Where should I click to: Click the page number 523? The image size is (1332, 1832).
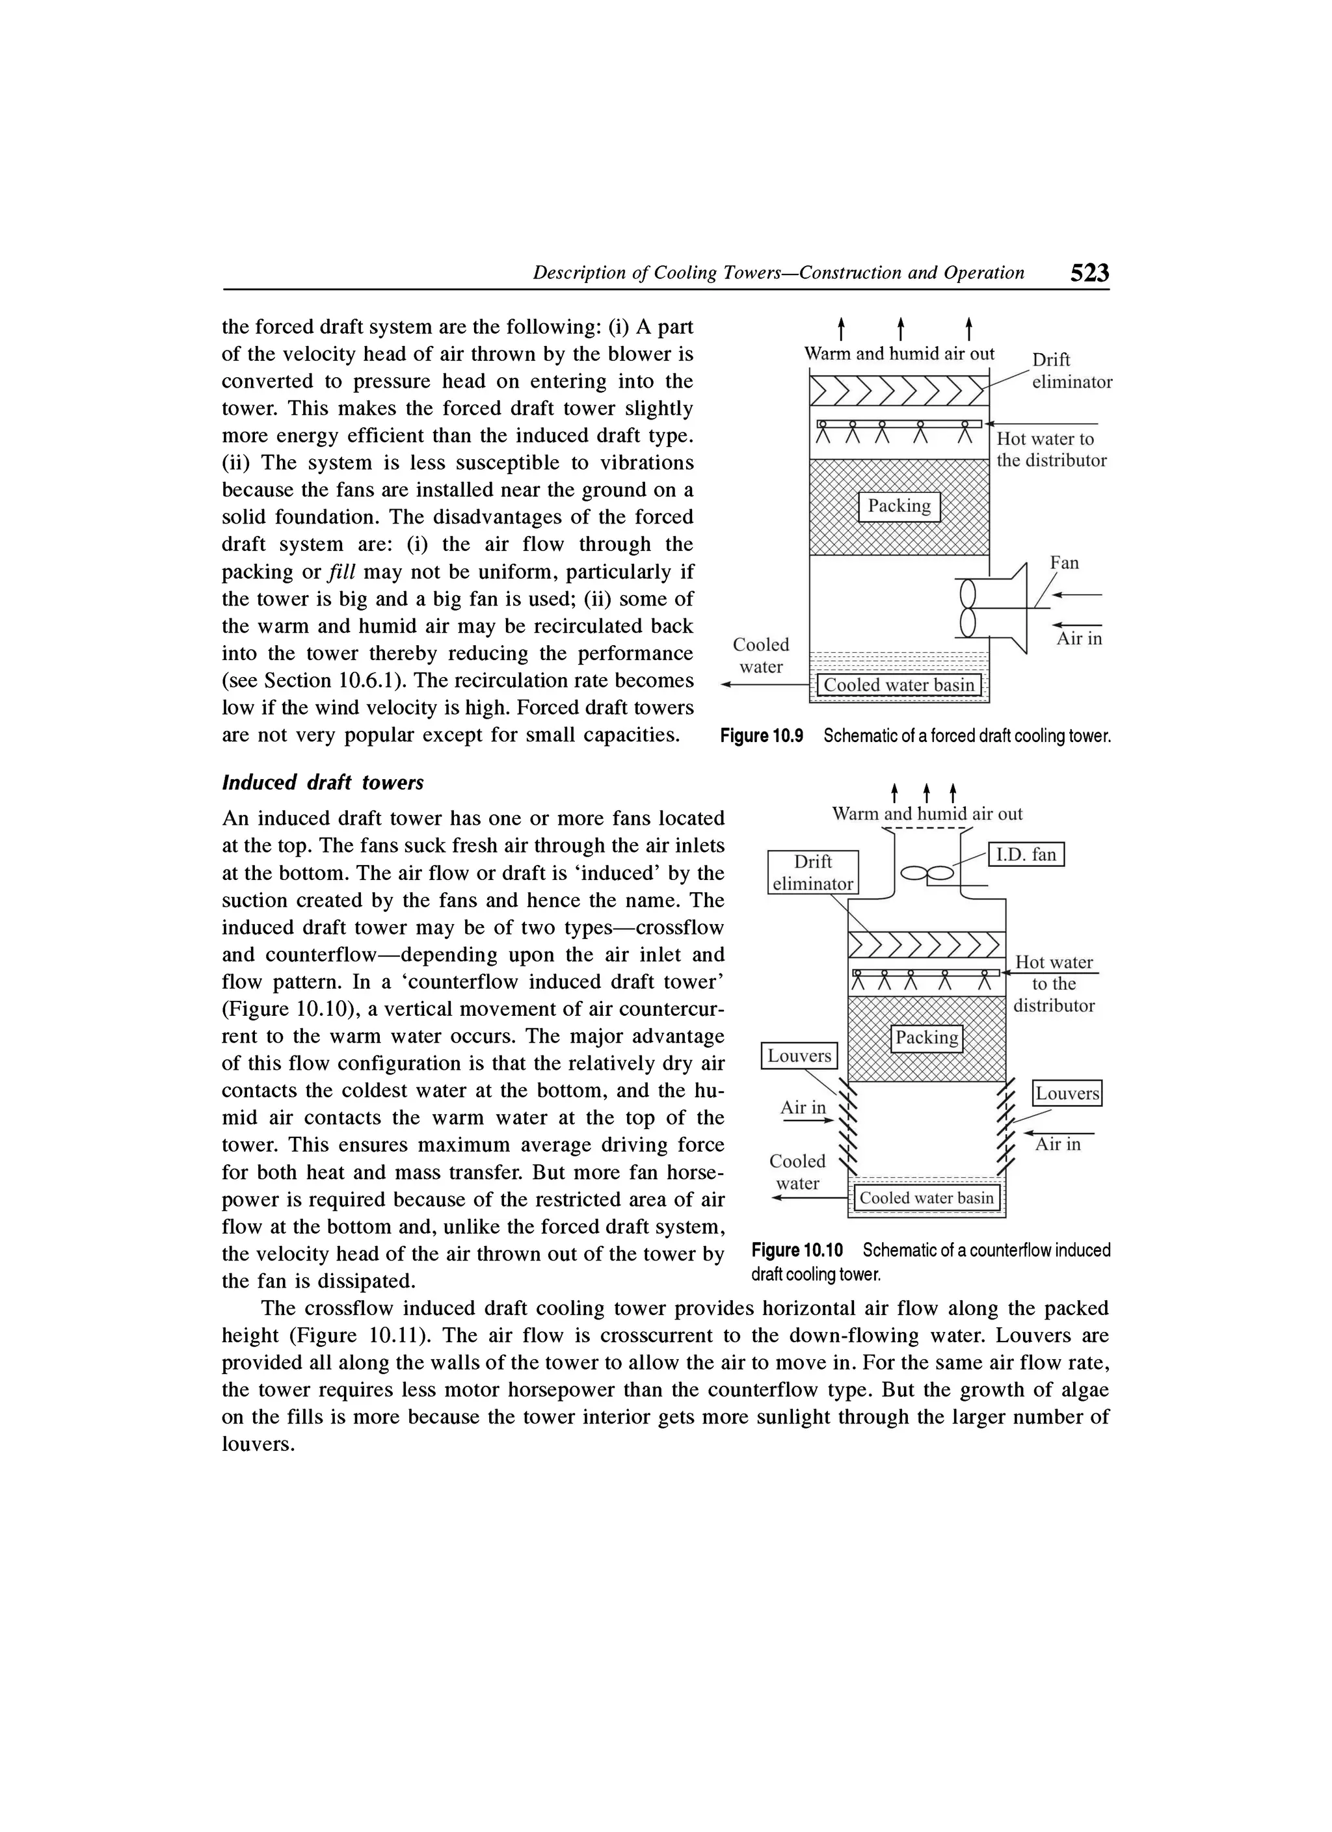click(1089, 273)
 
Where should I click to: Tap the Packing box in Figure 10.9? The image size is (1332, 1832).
click(899, 507)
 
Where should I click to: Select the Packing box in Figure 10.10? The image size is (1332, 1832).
click(927, 1038)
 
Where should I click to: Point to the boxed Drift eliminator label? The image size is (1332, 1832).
click(812, 872)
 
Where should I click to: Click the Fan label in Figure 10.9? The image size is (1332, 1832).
click(1064, 563)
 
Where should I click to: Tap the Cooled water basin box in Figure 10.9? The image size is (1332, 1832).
click(899, 685)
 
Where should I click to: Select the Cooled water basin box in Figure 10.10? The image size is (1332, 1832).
click(927, 1198)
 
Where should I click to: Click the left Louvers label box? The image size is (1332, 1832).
click(799, 1055)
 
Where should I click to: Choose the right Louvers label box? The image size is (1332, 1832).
click(1068, 1094)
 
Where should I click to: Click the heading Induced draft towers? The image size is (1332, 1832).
click(323, 783)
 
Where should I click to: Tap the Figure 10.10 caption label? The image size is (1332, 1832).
click(797, 1251)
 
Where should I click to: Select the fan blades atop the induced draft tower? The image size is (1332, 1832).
click(927, 873)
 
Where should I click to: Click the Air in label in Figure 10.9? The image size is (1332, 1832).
click(1079, 639)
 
